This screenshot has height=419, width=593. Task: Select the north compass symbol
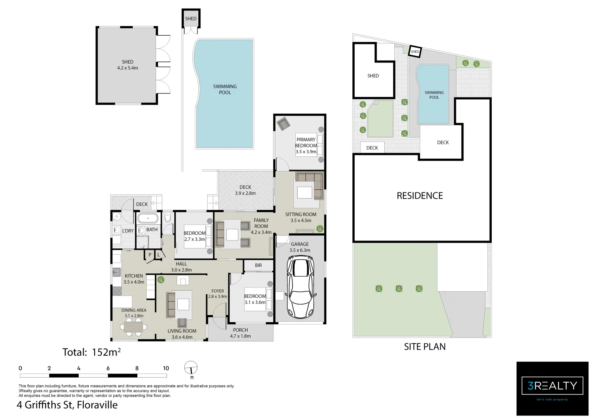click(191, 367)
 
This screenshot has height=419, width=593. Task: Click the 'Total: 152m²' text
click(92, 352)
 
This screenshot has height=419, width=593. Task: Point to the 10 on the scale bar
click(166, 368)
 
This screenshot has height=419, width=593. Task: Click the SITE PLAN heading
click(425, 346)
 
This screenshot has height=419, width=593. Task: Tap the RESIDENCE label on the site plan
click(420, 196)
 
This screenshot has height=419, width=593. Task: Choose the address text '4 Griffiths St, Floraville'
click(67, 405)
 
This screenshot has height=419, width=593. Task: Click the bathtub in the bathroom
click(147, 218)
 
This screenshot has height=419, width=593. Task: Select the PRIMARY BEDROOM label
click(306, 143)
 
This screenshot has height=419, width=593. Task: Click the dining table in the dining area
click(134, 328)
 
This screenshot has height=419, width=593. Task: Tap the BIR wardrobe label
click(258, 265)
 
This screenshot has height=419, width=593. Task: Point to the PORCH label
click(240, 330)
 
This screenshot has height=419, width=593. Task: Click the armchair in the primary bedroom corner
click(283, 124)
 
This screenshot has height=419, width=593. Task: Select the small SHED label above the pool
click(191, 19)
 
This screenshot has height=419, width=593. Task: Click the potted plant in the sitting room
click(320, 229)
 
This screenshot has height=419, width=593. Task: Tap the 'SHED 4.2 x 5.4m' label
click(127, 65)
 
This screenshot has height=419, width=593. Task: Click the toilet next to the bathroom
click(168, 217)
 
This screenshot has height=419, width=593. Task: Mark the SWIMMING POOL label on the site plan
click(434, 95)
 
